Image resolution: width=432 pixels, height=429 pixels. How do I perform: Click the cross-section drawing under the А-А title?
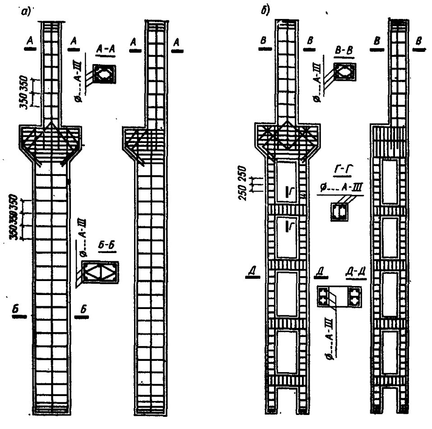point(104,74)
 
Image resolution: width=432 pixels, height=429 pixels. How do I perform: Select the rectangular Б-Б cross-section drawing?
point(100,274)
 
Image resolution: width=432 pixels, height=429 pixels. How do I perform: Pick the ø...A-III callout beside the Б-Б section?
point(84,238)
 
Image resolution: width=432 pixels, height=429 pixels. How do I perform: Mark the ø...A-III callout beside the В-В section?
point(318,81)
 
